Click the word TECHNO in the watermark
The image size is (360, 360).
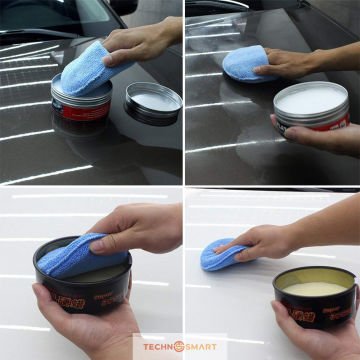click(158, 346)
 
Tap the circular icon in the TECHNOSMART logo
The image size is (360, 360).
click(181, 346)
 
